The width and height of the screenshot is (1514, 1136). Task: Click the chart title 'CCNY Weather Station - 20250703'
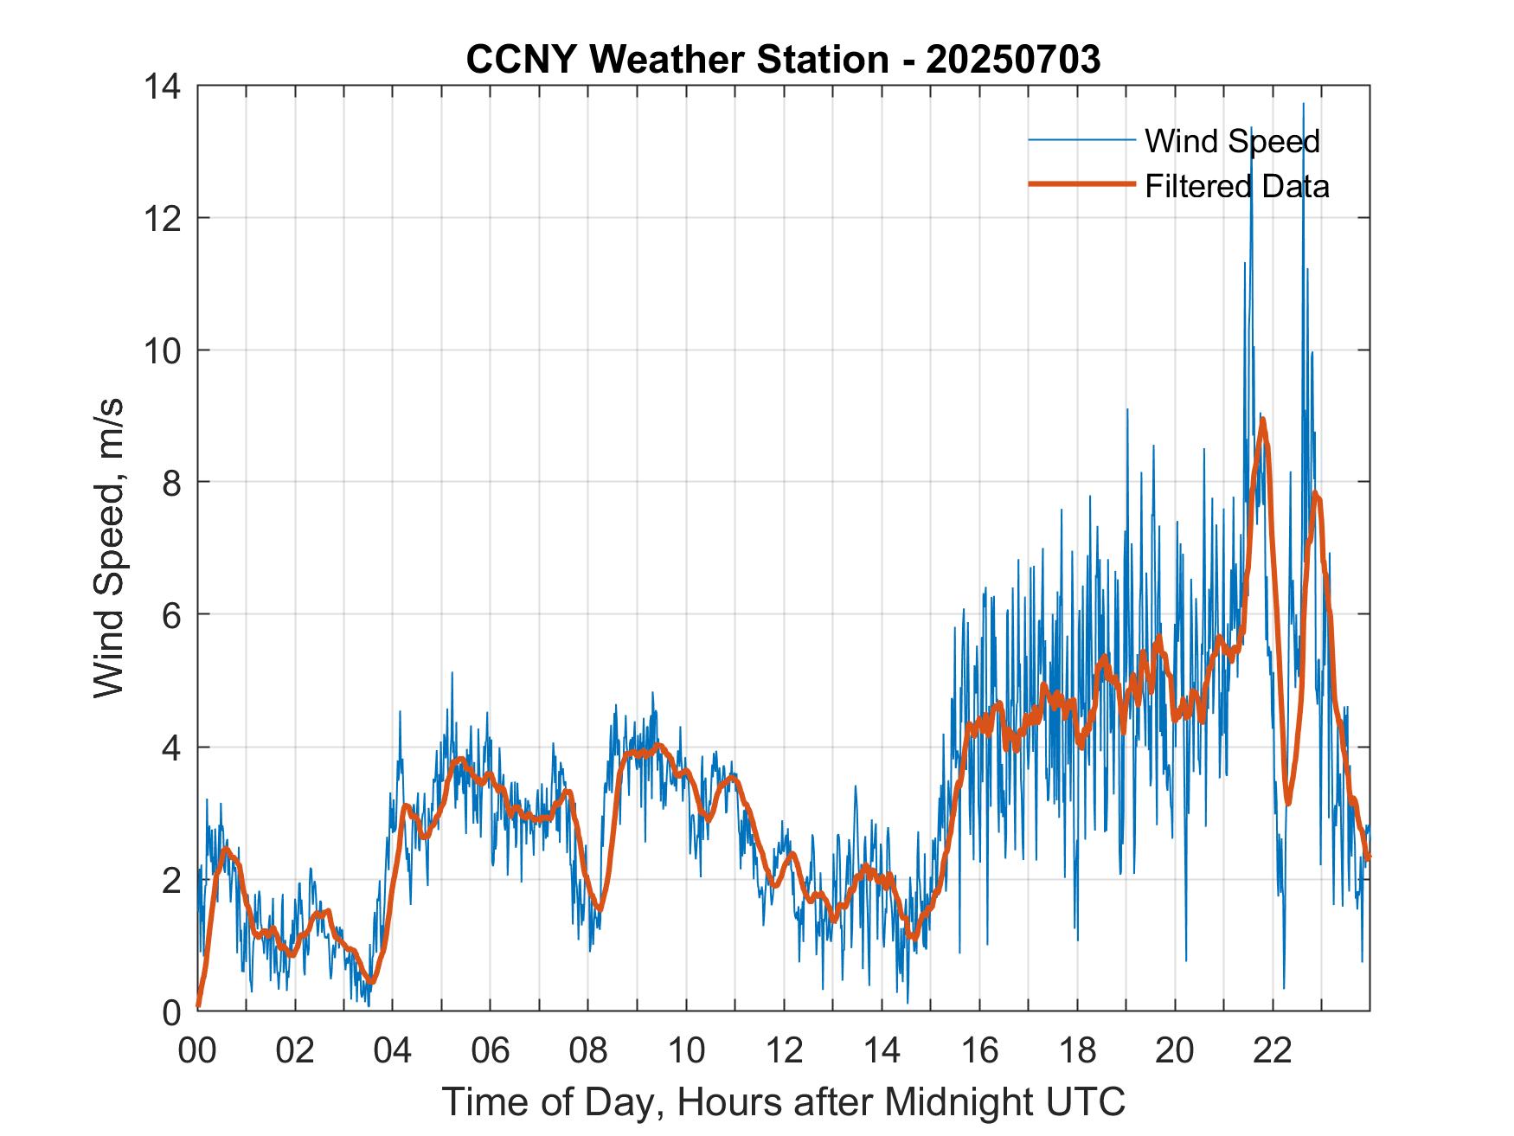tap(783, 60)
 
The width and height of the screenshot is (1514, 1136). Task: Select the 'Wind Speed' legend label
tap(1232, 141)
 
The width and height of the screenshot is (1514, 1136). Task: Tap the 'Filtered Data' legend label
tap(1236, 186)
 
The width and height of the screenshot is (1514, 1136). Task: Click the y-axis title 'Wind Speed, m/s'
tap(109, 548)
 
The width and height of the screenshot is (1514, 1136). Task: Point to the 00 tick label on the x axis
tap(197, 1051)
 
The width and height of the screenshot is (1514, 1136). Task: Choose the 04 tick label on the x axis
tap(393, 1051)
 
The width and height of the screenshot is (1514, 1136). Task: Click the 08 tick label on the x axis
tap(588, 1051)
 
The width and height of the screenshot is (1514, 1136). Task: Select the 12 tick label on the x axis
tap(784, 1051)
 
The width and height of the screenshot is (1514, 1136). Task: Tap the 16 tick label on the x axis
tap(979, 1051)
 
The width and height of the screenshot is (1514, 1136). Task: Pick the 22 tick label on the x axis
tap(1273, 1051)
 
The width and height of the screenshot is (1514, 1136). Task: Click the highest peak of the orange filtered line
tap(1263, 421)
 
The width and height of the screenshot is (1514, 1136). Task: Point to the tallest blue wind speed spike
tap(1303, 105)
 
